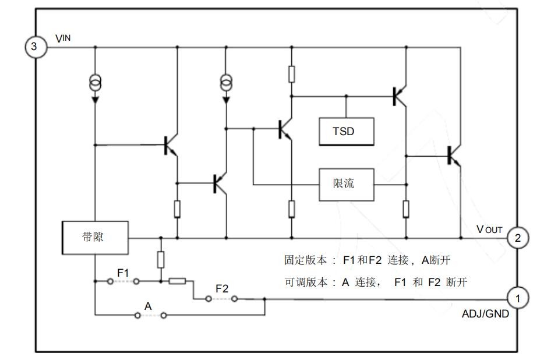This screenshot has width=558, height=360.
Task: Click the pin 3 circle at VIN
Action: [x=36, y=46]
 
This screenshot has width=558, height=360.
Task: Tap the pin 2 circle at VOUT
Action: [x=518, y=237]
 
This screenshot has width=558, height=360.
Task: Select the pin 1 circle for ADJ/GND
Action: [x=518, y=298]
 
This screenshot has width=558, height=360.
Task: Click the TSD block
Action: [x=346, y=132]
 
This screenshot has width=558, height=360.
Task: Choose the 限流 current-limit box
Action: [x=346, y=185]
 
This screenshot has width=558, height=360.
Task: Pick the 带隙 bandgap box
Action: [x=95, y=238]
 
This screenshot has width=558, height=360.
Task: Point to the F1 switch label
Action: [x=123, y=273]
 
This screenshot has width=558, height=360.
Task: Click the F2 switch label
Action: [x=222, y=288]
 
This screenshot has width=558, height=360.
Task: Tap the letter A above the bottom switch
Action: [x=148, y=306]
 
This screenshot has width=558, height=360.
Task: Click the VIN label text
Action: [x=63, y=38]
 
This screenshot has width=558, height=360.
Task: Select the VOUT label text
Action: [x=489, y=230]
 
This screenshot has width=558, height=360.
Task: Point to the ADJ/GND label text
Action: [x=485, y=314]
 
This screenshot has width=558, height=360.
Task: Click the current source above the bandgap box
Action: [x=95, y=83]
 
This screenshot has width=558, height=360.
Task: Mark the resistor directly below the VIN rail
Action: [x=291, y=74]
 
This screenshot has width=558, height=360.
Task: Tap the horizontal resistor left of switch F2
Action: [x=177, y=281]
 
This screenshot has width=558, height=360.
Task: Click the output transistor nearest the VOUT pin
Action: [x=454, y=156]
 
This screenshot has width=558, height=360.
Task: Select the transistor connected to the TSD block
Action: [x=400, y=96]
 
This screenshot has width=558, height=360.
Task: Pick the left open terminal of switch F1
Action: [x=110, y=281]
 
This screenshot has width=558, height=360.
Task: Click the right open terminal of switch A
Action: [x=164, y=315]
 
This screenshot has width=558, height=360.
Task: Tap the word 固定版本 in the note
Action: [x=305, y=260]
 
